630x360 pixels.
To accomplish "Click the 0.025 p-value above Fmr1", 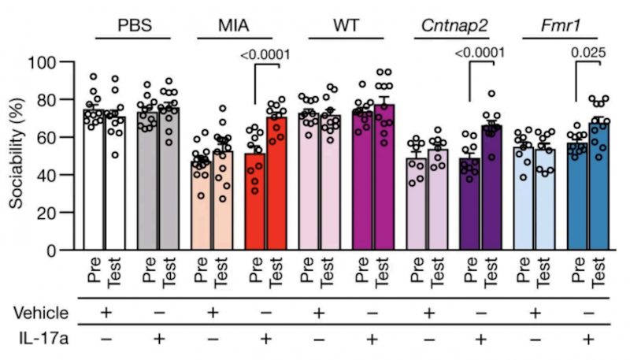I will click(588, 54).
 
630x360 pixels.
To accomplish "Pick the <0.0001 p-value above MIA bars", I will click(265, 55).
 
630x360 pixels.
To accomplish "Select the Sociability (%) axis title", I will click(17, 155).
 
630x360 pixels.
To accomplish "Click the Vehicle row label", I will click(44, 314).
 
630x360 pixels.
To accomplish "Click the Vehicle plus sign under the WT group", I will click(319, 314).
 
